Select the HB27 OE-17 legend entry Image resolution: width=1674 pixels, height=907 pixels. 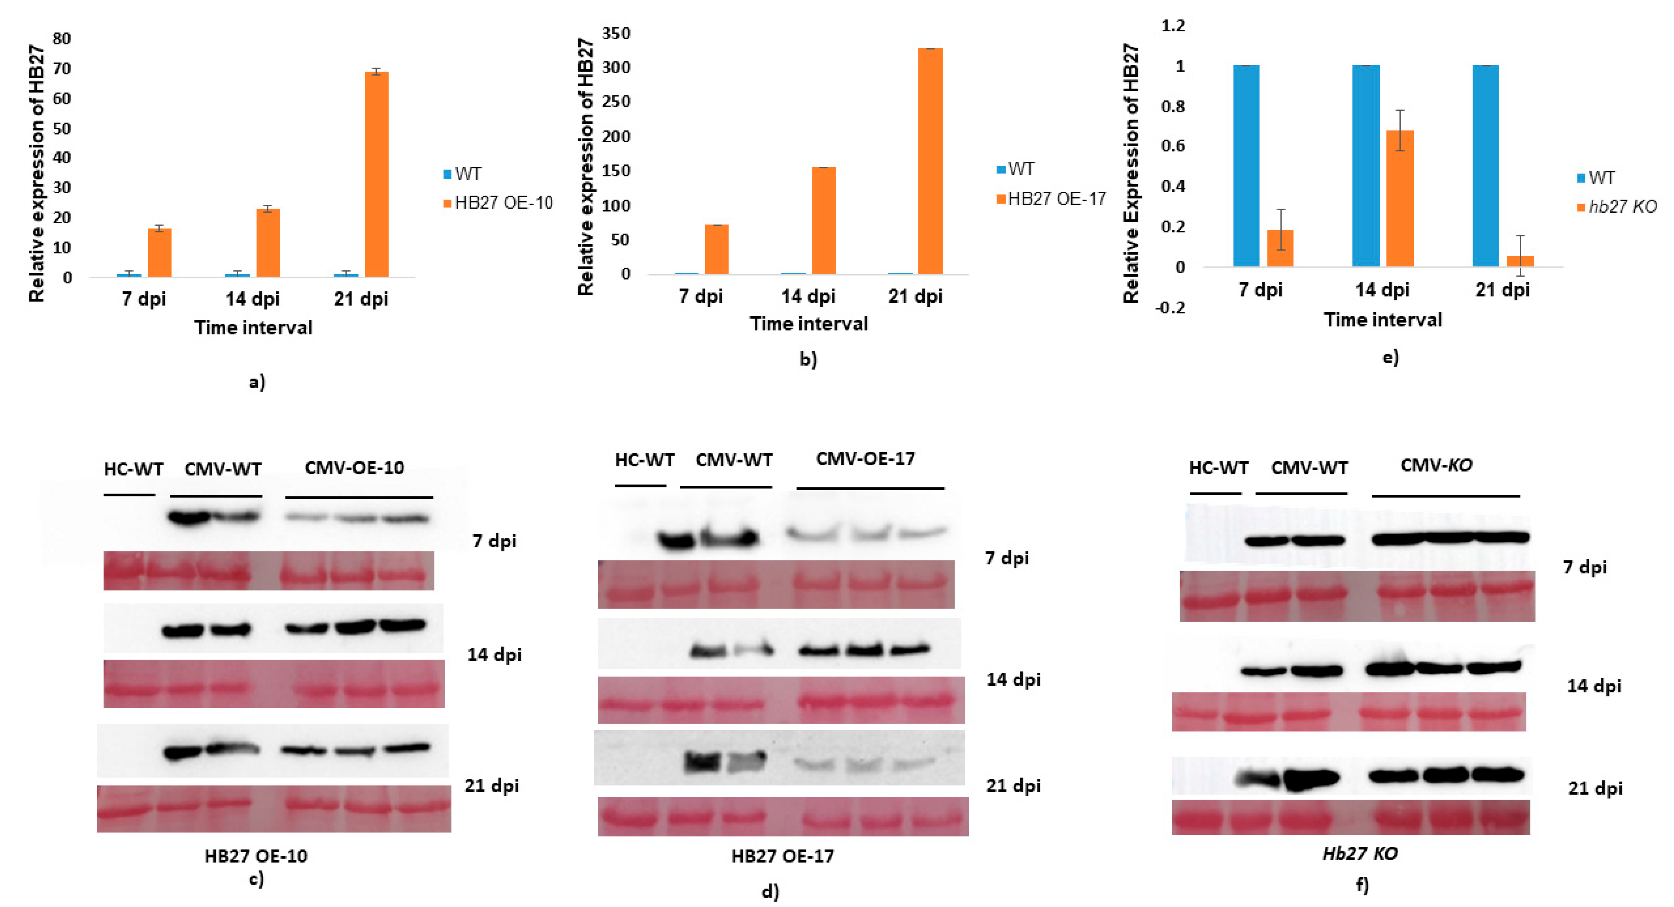[1056, 199]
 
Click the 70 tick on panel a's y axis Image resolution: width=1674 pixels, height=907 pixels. [62, 68]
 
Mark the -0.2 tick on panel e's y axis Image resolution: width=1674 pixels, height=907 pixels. [1170, 307]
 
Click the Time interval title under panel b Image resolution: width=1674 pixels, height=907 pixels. [808, 324]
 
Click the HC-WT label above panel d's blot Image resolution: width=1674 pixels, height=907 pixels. [644, 460]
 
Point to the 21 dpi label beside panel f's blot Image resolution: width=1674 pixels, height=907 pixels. [1595, 788]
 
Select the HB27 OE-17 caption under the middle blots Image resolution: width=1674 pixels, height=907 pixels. [782, 856]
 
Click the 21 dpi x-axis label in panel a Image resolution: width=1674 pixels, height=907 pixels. [361, 299]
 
